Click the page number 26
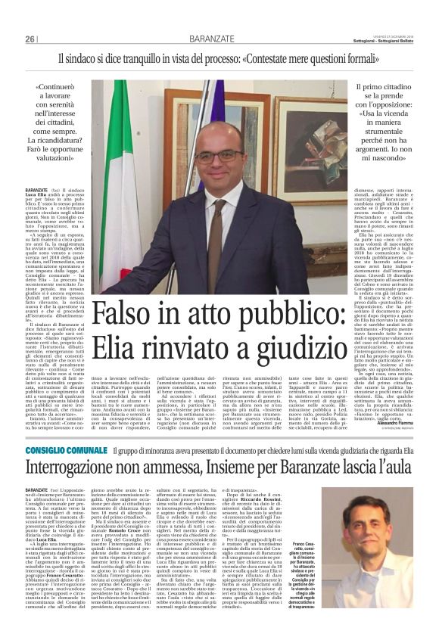coord(30,39)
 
